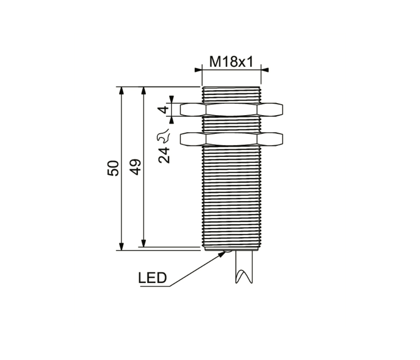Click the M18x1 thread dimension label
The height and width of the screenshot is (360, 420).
click(x=231, y=62)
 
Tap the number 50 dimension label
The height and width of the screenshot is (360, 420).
click(x=113, y=168)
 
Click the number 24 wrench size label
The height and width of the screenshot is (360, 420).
click(x=164, y=155)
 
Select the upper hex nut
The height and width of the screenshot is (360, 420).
click(x=232, y=110)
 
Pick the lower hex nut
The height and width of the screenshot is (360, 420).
click(x=232, y=139)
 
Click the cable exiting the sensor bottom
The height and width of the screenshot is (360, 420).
click(x=244, y=267)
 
